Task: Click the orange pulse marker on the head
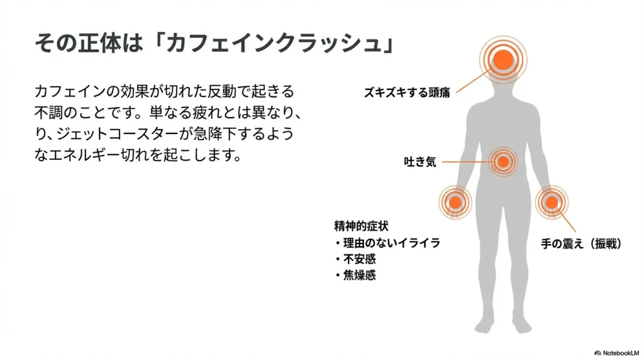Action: (503, 60)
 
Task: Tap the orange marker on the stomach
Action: (502, 162)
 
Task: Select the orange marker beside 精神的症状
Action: (455, 203)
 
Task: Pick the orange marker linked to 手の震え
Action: (551, 202)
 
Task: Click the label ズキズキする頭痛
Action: (407, 93)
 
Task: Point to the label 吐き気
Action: (419, 162)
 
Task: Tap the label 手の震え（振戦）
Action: (582, 244)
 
